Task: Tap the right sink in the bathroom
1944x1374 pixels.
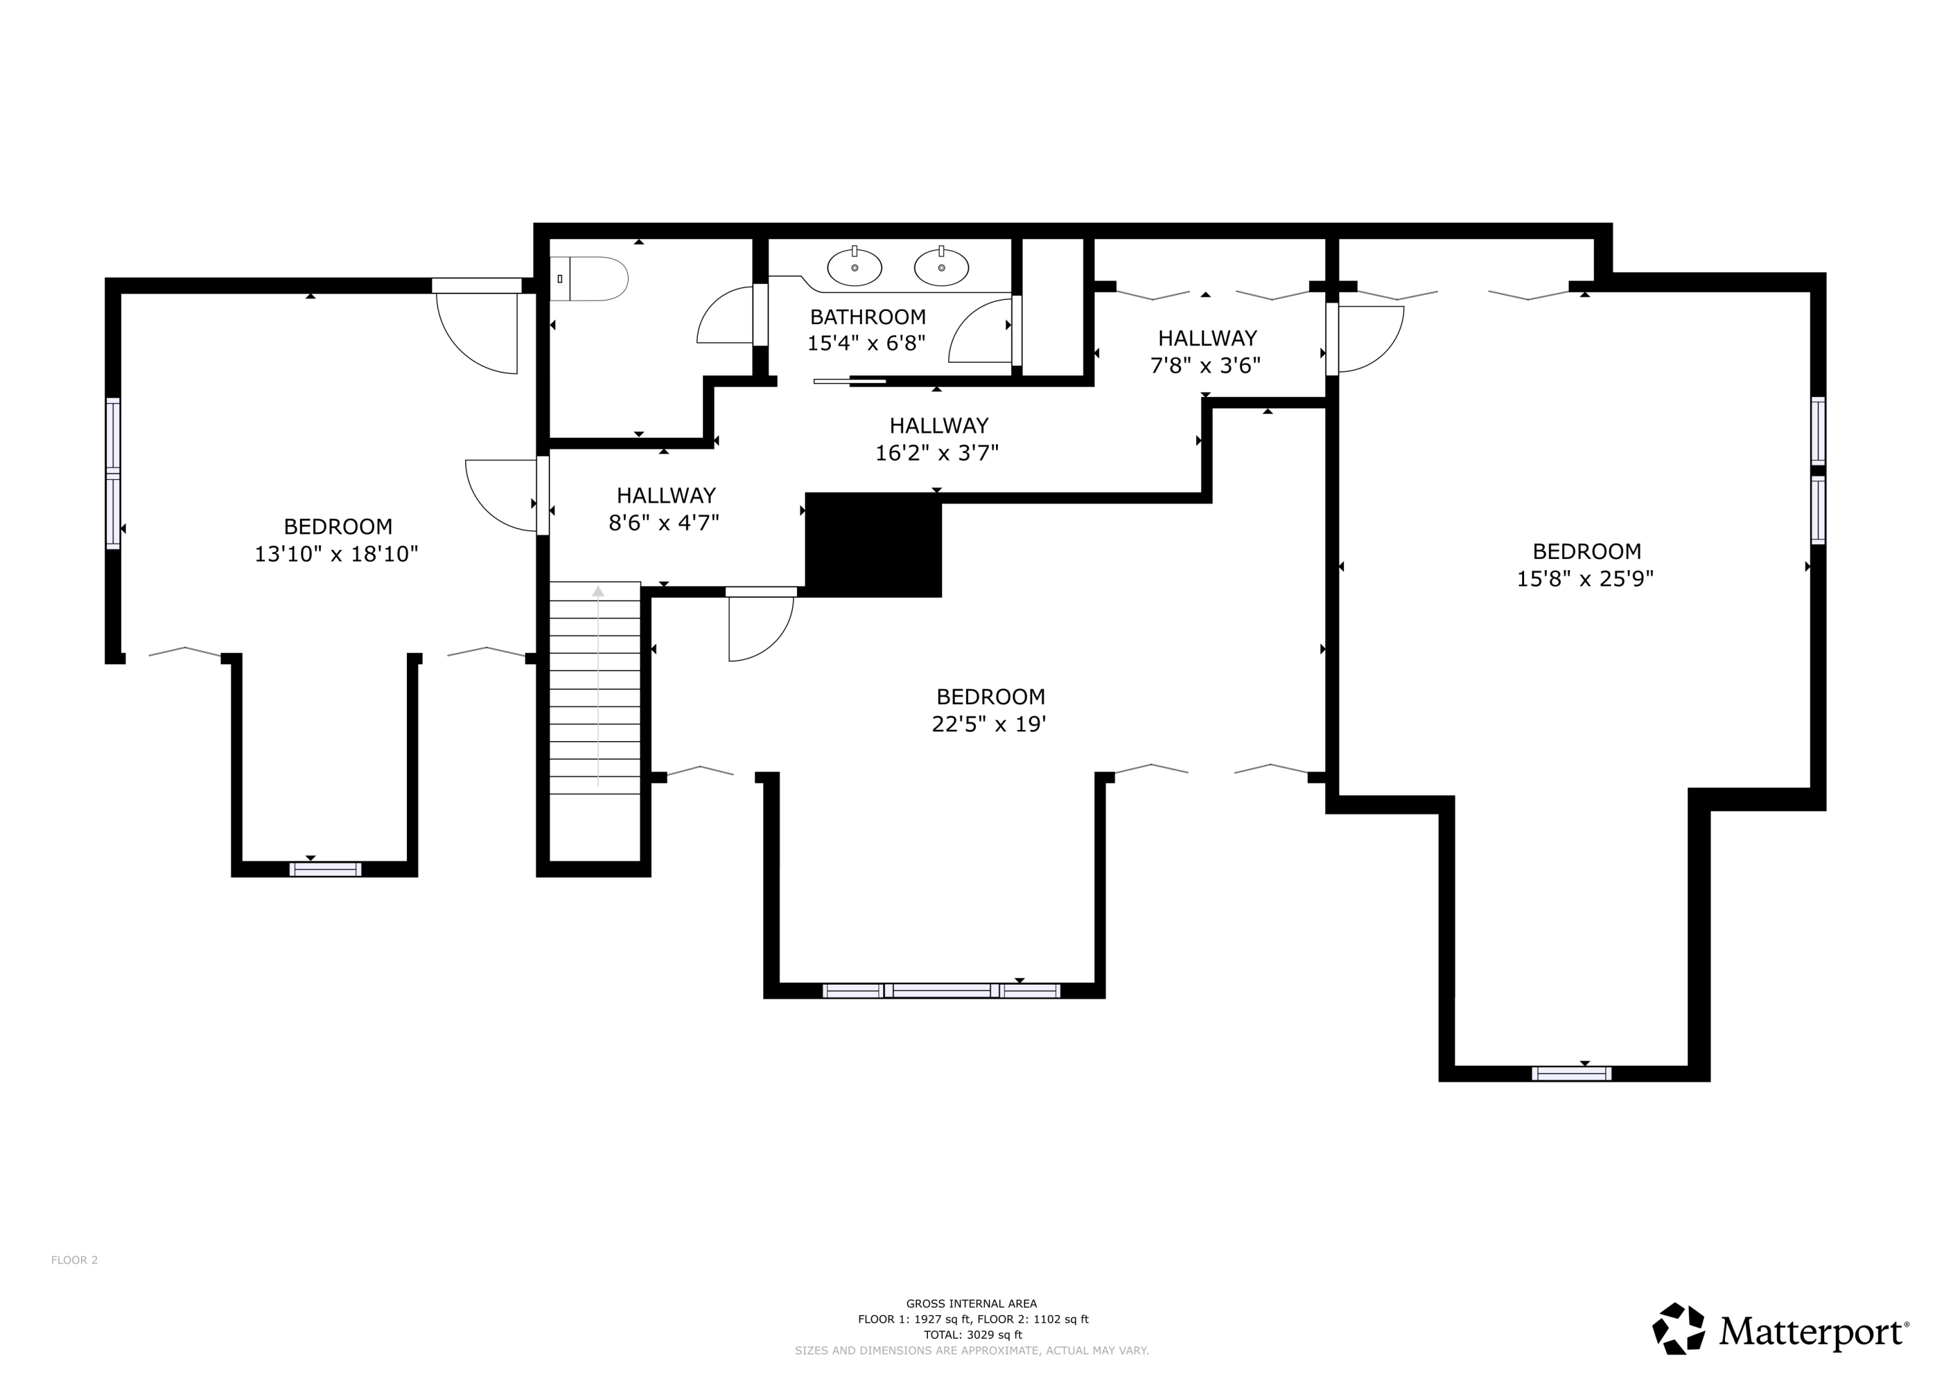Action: [941, 268]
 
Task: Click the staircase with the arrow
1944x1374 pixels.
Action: [596, 687]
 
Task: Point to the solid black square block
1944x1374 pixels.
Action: [873, 545]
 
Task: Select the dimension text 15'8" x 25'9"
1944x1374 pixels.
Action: [1585, 579]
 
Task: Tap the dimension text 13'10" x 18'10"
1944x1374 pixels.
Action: [337, 554]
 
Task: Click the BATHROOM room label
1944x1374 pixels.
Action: [868, 317]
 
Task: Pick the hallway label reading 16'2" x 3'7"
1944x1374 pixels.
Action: [937, 453]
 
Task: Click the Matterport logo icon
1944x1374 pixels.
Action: [1678, 1327]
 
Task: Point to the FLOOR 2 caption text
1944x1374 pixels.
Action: [75, 1260]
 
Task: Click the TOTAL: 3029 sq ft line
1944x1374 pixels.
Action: [972, 1334]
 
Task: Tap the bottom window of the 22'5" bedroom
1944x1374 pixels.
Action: [941, 990]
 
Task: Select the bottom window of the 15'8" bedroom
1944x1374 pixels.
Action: [1571, 1073]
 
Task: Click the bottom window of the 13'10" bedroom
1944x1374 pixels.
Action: [325, 869]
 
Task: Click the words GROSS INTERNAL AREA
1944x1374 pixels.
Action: [971, 1304]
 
